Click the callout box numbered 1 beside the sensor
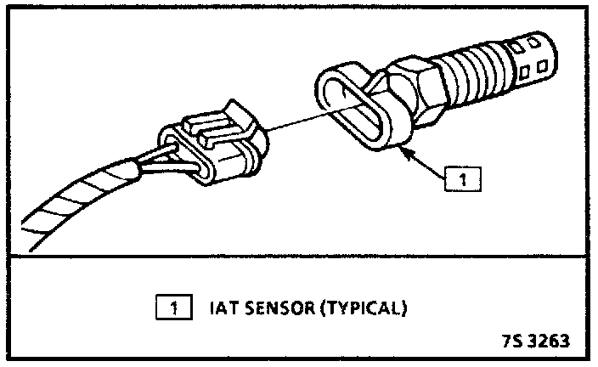coord(462,179)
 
